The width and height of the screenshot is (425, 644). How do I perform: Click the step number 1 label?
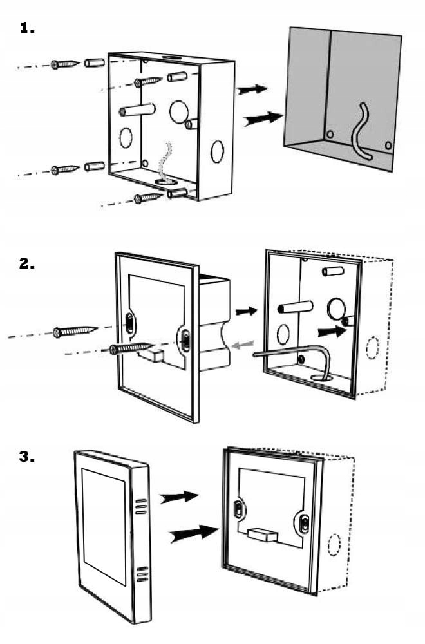point(27,28)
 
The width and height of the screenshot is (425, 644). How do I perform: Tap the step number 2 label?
point(27,263)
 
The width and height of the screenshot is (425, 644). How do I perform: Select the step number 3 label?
point(27,457)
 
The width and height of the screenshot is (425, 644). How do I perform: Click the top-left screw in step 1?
point(65,64)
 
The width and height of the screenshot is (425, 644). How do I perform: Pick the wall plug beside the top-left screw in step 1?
point(95,63)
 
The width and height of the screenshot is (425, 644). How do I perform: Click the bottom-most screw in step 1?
point(148,198)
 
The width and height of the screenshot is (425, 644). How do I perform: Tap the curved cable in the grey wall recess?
point(361,131)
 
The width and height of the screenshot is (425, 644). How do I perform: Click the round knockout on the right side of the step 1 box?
point(217,151)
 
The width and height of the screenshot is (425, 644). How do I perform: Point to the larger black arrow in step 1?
point(263,118)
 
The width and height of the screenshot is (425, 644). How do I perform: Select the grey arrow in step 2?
point(243,345)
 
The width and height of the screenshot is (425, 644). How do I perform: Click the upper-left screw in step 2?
point(75,331)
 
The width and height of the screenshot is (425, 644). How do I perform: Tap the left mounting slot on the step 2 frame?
point(130,323)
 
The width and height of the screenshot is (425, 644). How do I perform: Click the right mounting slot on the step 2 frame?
point(185,341)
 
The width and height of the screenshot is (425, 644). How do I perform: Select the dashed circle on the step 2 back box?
point(372,348)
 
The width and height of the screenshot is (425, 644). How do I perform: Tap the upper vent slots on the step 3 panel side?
point(141,506)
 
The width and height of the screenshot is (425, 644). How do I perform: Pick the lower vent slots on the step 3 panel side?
point(142,574)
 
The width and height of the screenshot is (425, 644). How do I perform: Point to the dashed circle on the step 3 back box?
point(335,545)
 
